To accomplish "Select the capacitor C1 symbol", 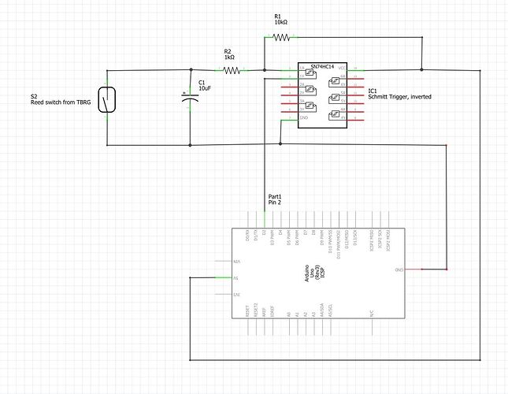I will [x=191, y=105].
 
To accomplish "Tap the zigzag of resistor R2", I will [x=231, y=70].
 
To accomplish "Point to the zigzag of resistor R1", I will [x=281, y=36].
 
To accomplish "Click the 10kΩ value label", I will [x=281, y=22].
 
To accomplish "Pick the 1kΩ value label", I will [x=229, y=58].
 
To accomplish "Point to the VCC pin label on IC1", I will [x=342, y=70].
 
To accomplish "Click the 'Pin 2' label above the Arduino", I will [x=275, y=203].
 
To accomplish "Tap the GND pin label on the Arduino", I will [x=399, y=269].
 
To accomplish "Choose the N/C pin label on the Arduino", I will [x=370, y=313].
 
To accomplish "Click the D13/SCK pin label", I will [x=355, y=237].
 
